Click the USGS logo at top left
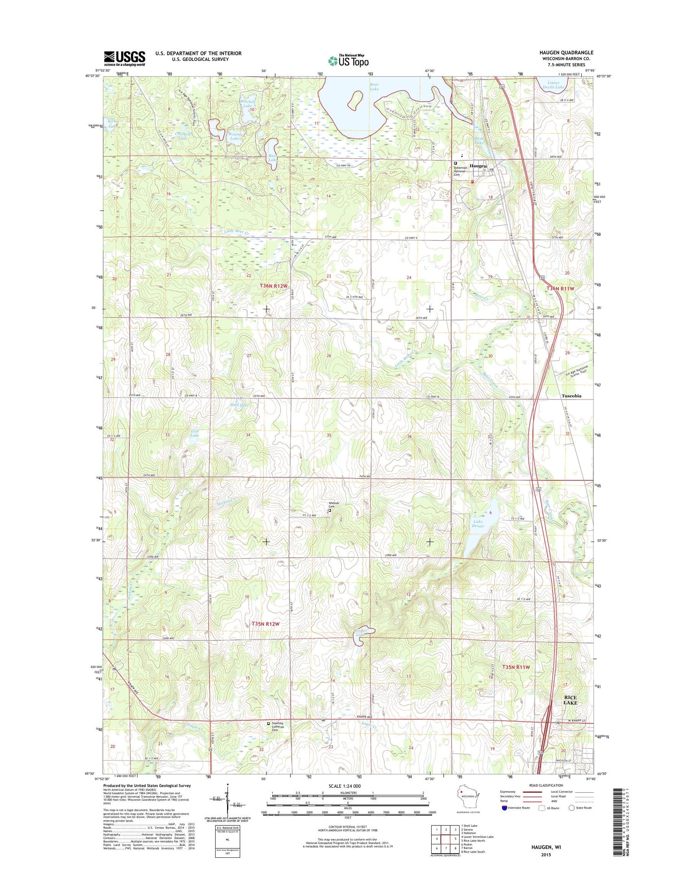tap(124, 59)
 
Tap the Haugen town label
tap(478, 166)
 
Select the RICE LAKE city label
tap(570, 700)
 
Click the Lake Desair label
tap(478, 523)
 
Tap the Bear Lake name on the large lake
tap(374, 86)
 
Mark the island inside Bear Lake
tap(355, 98)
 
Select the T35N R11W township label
tap(516, 667)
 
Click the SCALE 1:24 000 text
tap(344, 786)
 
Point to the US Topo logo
tap(348, 60)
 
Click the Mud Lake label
tap(239, 405)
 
